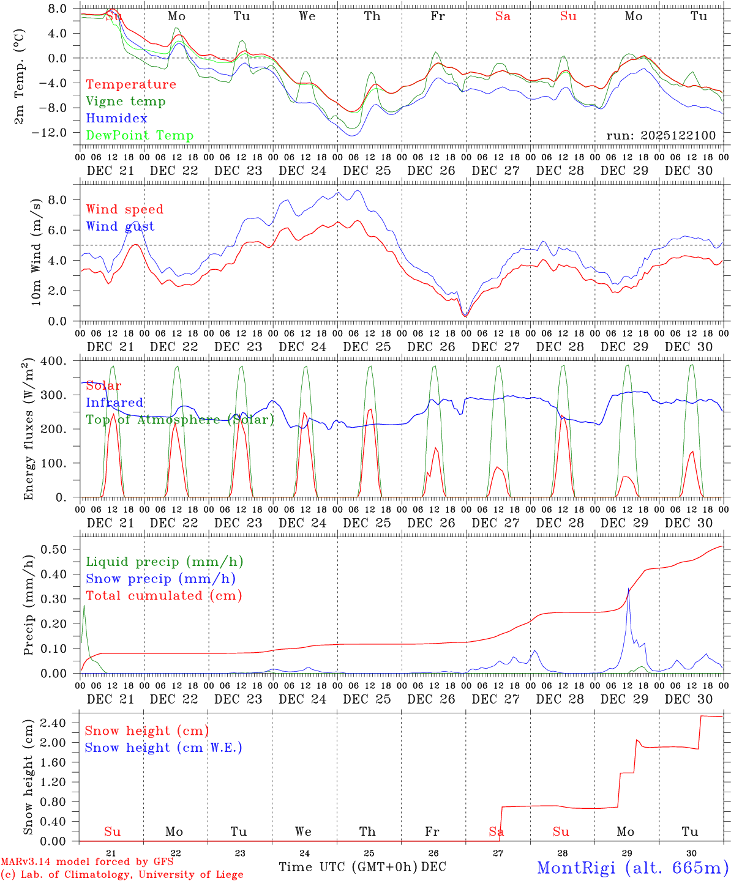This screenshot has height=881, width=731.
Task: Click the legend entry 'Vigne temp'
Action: (126, 102)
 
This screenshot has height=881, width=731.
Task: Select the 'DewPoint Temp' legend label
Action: (140, 136)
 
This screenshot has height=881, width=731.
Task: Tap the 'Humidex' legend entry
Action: (116, 119)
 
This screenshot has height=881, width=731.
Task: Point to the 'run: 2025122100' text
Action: (661, 136)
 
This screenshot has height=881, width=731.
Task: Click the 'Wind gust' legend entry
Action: (120, 226)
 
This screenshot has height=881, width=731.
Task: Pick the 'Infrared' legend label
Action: (114, 403)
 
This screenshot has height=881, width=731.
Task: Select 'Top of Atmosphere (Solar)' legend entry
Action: (180, 420)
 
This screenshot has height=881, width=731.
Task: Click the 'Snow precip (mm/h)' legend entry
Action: (160, 579)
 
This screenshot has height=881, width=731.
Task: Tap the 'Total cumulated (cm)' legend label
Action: (163, 596)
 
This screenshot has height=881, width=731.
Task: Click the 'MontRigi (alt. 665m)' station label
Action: (633, 868)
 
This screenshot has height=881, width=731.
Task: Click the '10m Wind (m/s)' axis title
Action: (37, 252)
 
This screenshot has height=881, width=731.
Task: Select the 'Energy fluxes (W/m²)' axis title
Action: (28, 430)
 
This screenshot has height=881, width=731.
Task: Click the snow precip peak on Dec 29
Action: (628, 589)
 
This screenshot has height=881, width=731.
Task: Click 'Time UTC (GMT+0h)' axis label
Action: (348, 867)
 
